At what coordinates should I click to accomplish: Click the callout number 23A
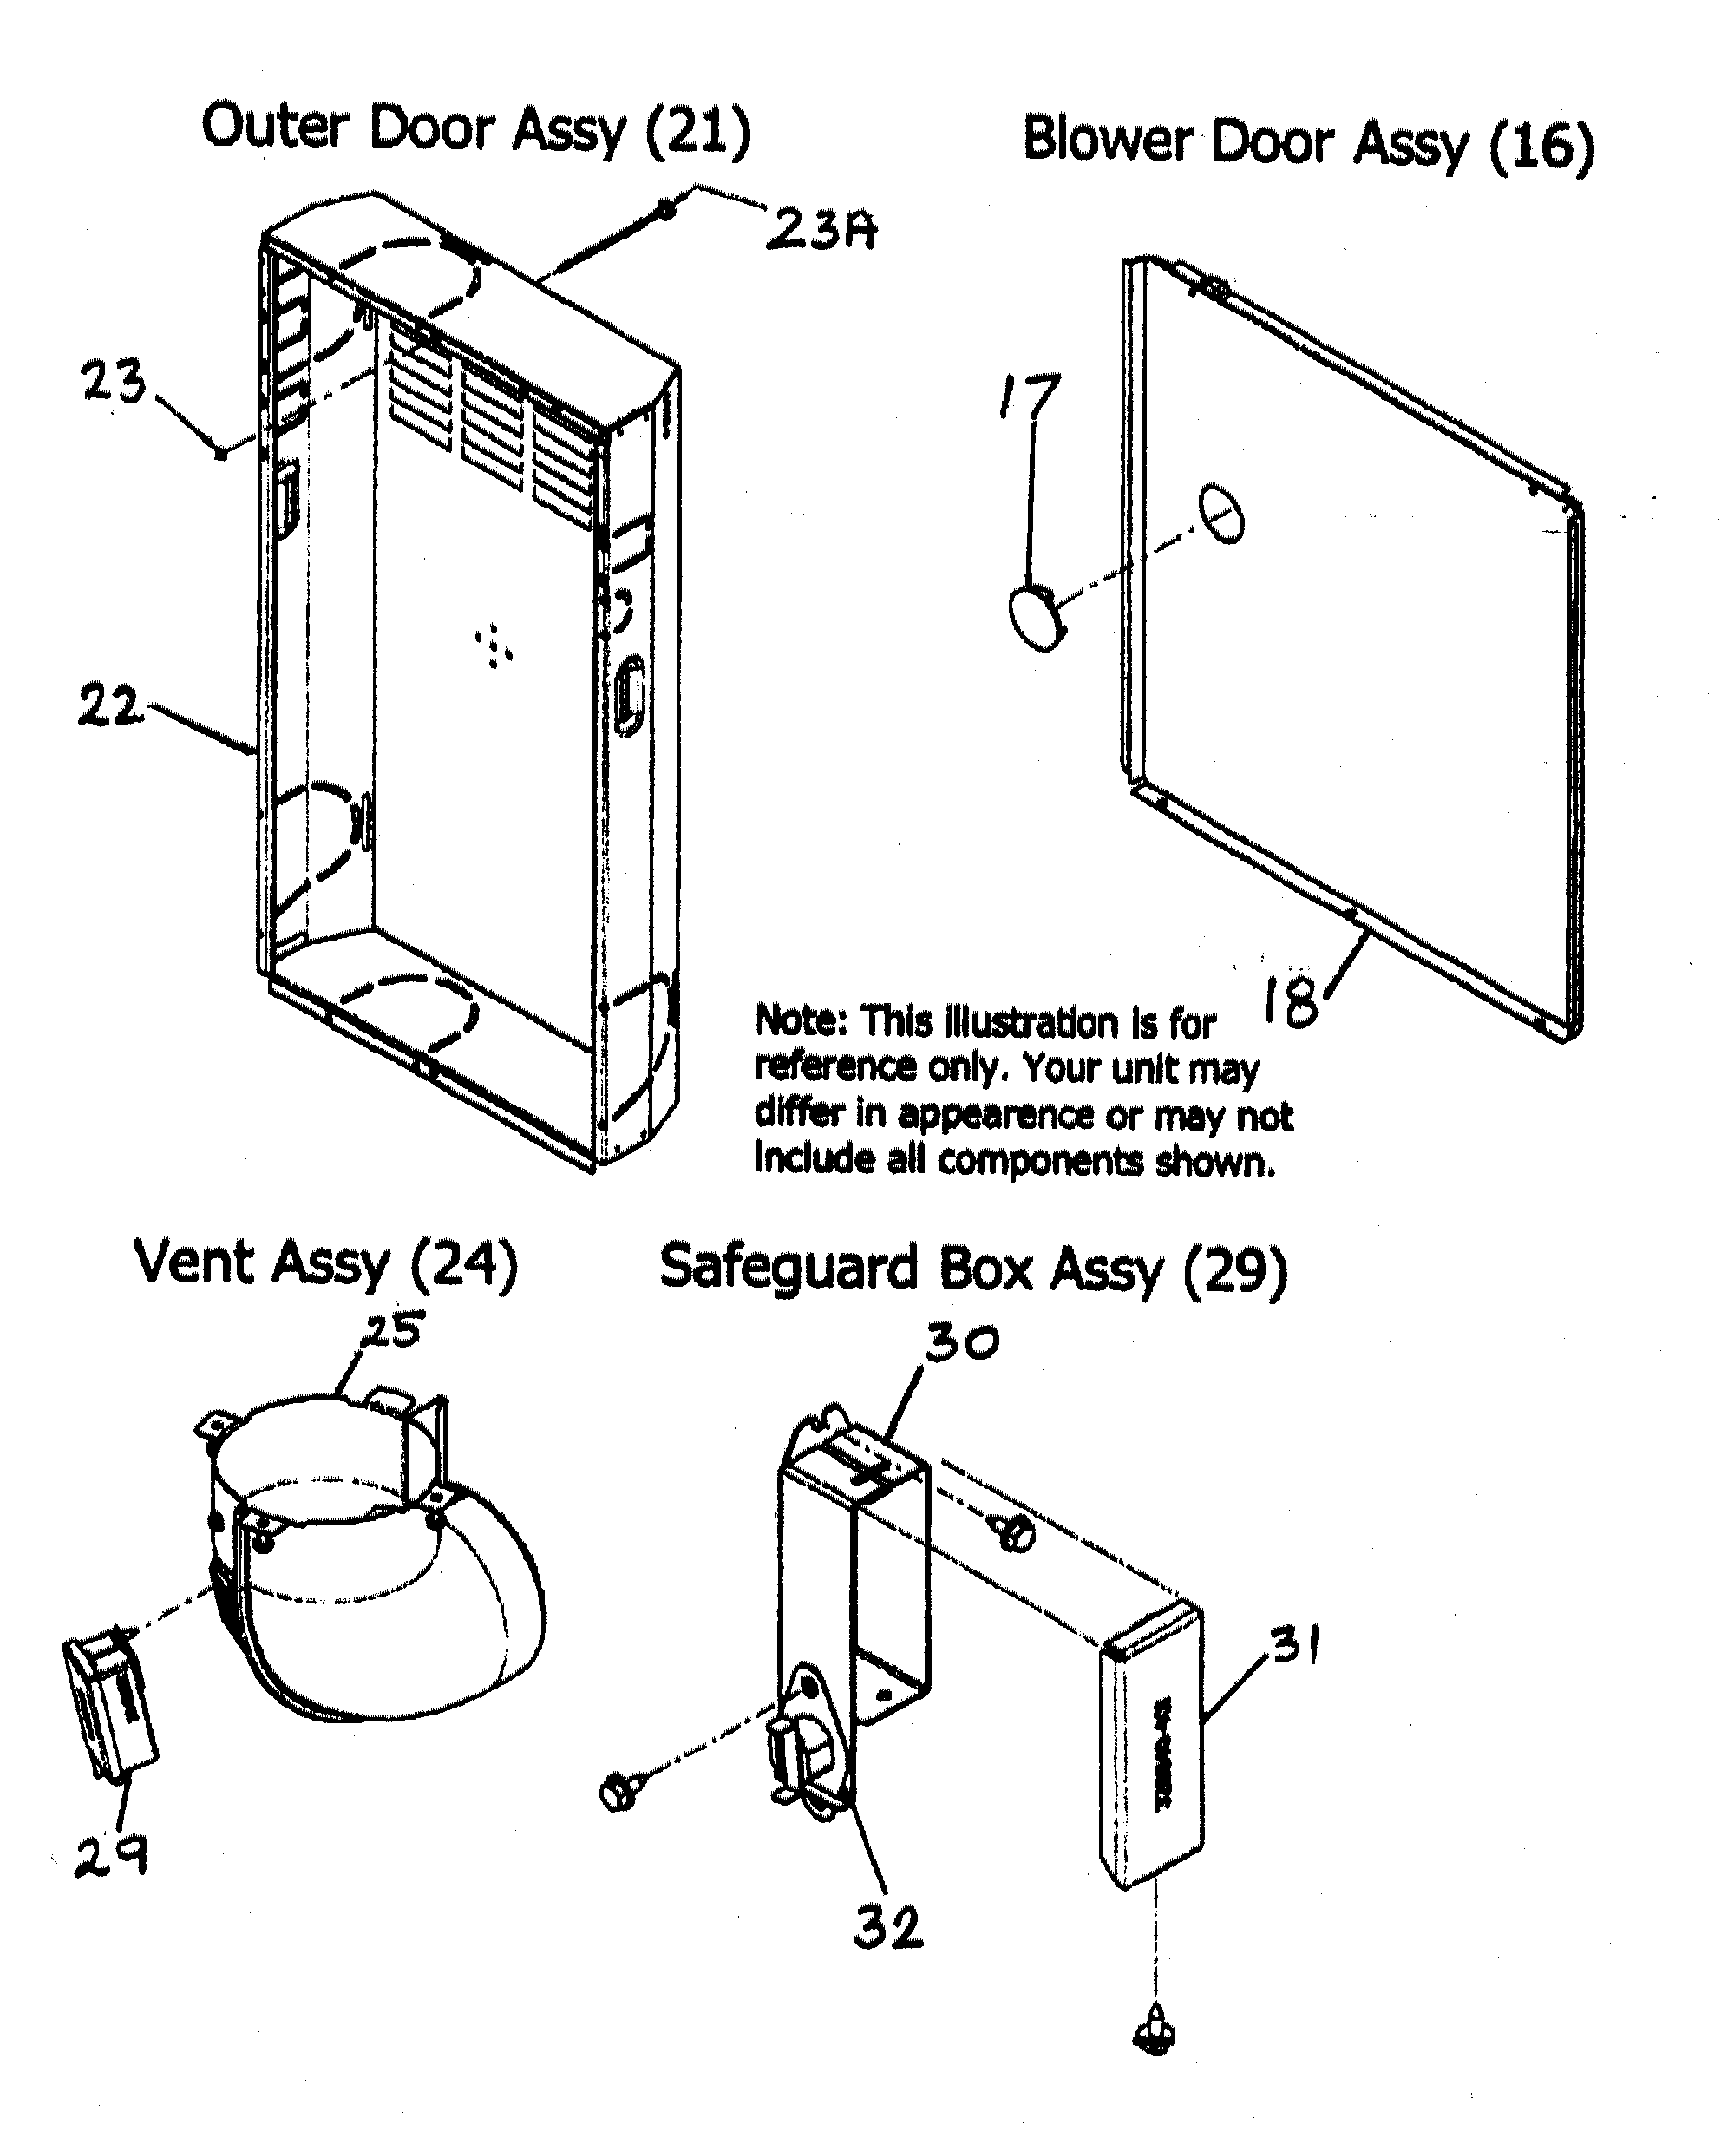click(x=820, y=231)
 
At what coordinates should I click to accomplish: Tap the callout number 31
click(x=1295, y=1644)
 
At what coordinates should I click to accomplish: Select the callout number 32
click(x=888, y=1926)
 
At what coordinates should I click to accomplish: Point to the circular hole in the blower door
click(x=1221, y=514)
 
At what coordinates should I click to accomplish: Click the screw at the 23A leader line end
click(x=664, y=209)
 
